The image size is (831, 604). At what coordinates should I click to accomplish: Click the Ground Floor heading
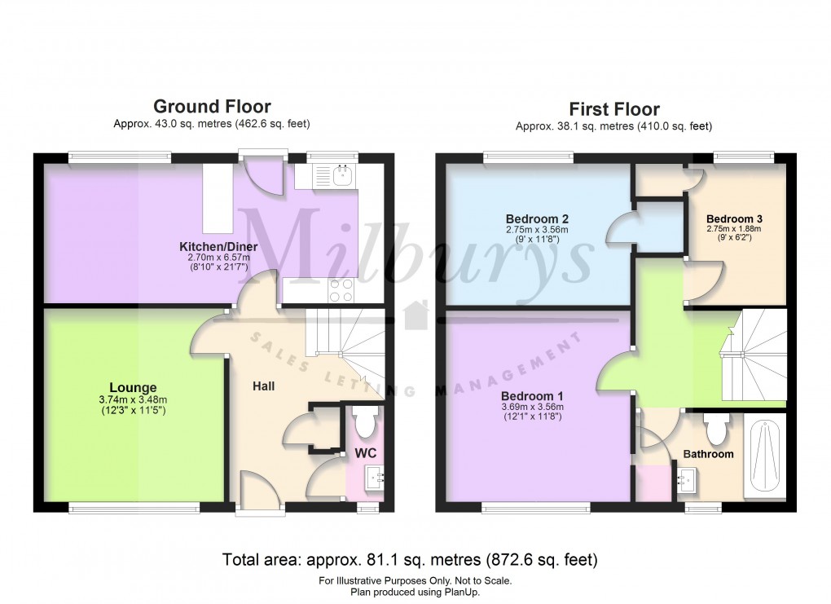pos(212,106)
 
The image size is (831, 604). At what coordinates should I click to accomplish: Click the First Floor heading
pos(613,109)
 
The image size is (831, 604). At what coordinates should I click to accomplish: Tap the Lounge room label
pos(133,387)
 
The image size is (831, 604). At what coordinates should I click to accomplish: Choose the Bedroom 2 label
pos(537,218)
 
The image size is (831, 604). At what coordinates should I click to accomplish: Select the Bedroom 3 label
pos(734,218)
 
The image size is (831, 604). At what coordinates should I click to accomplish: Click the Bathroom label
pos(708,453)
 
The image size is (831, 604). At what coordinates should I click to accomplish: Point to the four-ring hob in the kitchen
pos(340,288)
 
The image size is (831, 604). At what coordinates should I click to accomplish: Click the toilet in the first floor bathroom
pos(718,427)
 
